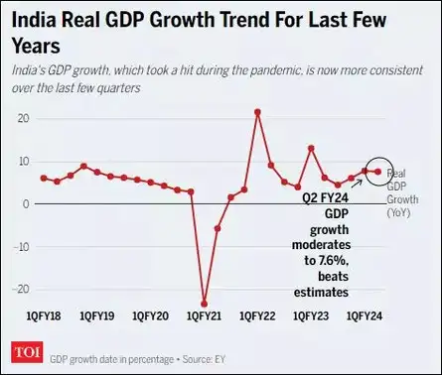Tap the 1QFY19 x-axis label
97,315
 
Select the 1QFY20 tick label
151,315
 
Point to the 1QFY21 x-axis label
205,315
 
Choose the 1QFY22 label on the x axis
257,315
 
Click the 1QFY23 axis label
311,315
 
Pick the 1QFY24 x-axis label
365,315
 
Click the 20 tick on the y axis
21,118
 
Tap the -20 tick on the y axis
19,289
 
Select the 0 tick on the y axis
24,203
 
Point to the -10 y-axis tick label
19,246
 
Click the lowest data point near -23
205,304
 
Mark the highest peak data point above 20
257,111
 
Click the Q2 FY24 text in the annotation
326,197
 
